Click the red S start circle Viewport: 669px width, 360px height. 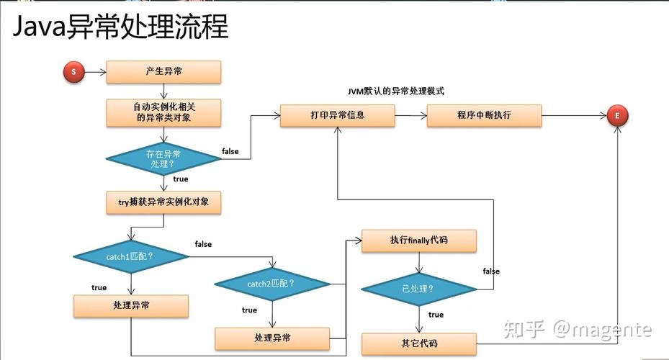pyautogui.click(x=74, y=71)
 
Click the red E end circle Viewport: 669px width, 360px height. pyautogui.click(x=617, y=116)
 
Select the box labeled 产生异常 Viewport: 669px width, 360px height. pyautogui.click(x=163, y=71)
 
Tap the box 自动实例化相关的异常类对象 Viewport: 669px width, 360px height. pyautogui.click(x=163, y=112)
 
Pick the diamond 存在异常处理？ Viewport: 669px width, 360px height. pyautogui.click(x=163, y=158)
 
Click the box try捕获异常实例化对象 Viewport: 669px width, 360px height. pyautogui.click(x=163, y=203)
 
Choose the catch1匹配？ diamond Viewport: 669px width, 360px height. pyautogui.click(x=130, y=256)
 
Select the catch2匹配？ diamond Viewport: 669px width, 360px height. pyautogui.click(x=271, y=284)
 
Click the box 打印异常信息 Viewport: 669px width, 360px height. pyautogui.click(x=337, y=115)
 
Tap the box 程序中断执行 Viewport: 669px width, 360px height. pyautogui.click(x=484, y=115)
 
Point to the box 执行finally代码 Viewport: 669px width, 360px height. pyautogui.click(x=418, y=240)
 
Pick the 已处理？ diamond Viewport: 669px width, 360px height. pyautogui.click(x=418, y=289)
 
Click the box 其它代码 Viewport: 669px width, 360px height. pyautogui.click(x=418, y=343)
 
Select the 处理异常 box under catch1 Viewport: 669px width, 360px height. pyautogui.click(x=131, y=306)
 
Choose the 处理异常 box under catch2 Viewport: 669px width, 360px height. pyautogui.click(x=272, y=338)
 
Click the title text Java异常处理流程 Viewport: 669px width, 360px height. pyautogui.click(x=120, y=27)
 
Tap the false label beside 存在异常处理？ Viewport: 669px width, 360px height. pyautogui.click(x=230, y=152)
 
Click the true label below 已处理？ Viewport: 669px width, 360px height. pyautogui.click(x=436, y=315)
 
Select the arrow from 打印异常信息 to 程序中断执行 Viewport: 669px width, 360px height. pyautogui.click(x=410, y=115)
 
